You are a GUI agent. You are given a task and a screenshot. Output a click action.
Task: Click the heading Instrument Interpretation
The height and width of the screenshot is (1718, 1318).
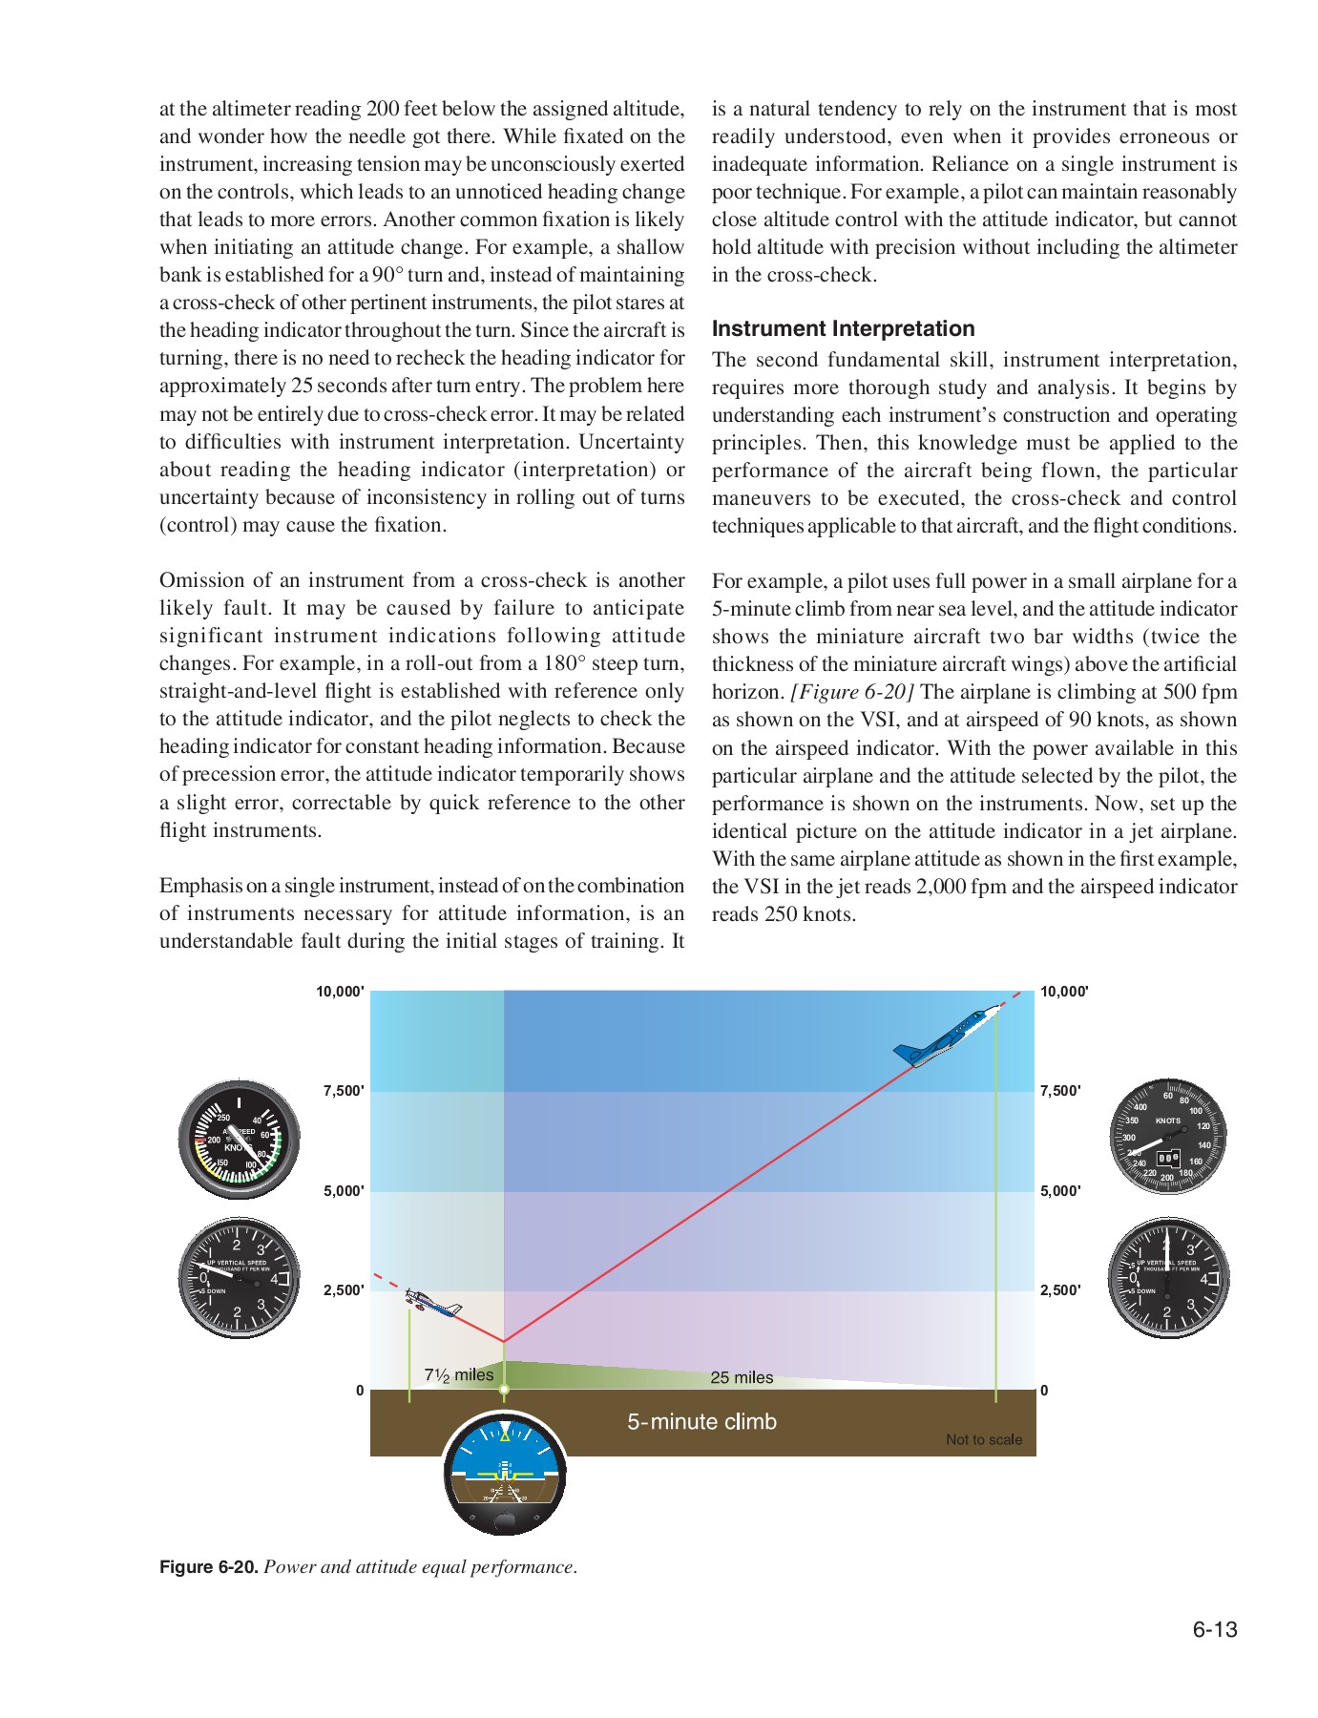pos(843,328)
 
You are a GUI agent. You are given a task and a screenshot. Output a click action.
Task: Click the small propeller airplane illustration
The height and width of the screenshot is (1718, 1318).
pos(433,1303)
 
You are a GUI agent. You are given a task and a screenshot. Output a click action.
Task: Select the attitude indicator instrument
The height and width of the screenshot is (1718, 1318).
pos(505,1474)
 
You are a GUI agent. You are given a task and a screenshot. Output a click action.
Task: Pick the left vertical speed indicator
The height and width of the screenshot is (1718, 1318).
pos(240,1278)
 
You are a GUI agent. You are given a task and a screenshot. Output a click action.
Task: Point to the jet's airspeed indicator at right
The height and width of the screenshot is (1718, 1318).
pos(1168,1137)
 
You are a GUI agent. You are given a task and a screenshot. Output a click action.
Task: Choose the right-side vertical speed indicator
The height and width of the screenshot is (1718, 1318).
pos(1168,1278)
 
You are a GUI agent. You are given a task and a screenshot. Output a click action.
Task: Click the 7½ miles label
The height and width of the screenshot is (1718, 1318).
pos(459,1374)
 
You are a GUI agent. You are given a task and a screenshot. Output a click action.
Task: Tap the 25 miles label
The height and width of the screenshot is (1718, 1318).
pos(742,1377)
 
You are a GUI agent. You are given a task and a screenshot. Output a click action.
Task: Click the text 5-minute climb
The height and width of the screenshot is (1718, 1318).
pos(701,1421)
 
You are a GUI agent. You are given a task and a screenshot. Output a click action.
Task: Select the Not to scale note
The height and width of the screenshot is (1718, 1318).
pos(983,1439)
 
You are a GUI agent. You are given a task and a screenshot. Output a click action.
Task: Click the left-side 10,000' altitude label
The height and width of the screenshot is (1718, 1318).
pos(340,992)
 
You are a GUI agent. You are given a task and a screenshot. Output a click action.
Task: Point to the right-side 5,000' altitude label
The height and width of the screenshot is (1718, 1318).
pos(1060,1191)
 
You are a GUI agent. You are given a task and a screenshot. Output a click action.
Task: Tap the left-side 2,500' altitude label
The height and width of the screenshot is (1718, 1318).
pos(344,1290)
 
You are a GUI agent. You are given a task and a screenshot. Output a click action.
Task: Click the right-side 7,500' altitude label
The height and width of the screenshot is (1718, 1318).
pos(1060,1091)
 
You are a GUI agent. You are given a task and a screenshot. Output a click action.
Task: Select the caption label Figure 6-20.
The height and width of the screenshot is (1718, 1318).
pos(208,1567)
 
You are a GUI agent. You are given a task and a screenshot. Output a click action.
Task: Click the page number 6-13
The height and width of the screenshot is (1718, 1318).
pos(1214,1629)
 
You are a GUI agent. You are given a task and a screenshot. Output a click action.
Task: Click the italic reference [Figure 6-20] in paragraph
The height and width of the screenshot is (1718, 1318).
pos(852,692)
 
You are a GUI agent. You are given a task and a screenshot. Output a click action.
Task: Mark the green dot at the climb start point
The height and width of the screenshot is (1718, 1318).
pos(504,1390)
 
